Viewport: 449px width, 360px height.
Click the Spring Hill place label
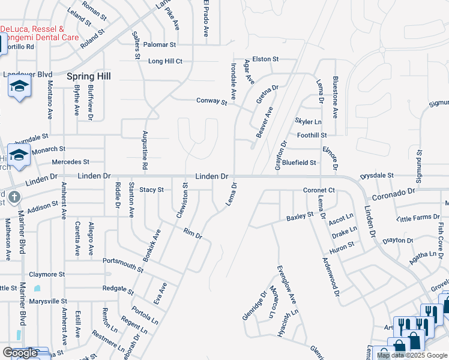click(x=91, y=77)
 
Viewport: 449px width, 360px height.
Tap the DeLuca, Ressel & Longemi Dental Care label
click(x=40, y=33)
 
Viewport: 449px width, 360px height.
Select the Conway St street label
click(x=212, y=101)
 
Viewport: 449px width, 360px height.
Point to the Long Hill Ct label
click(x=165, y=61)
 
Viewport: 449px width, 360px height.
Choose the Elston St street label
click(x=266, y=59)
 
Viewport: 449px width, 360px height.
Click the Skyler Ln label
click(x=309, y=122)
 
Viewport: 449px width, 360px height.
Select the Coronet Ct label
click(x=318, y=190)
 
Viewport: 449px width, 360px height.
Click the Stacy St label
click(x=151, y=190)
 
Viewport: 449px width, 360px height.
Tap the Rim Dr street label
click(x=193, y=234)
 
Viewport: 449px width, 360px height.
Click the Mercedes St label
click(x=70, y=162)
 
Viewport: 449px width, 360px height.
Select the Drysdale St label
click(x=376, y=176)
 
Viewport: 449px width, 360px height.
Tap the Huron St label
click(x=343, y=245)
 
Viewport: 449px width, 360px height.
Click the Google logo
click(x=20, y=352)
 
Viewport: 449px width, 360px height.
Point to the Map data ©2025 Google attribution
click(x=411, y=355)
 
